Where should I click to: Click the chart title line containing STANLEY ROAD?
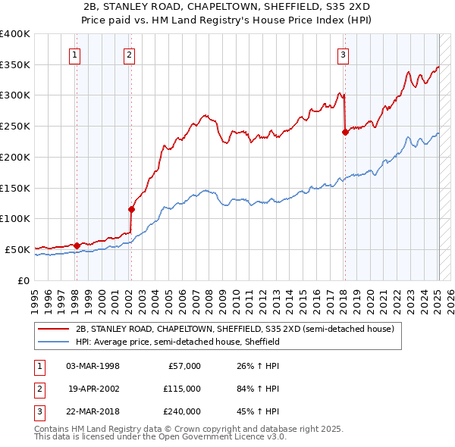227,7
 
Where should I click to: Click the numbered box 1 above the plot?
76,55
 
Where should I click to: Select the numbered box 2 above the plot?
130,55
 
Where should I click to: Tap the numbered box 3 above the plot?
343,55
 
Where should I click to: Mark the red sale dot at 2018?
345,132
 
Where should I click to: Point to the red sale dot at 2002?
131,208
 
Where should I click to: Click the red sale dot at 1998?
77,245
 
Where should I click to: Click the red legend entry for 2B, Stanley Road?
234,330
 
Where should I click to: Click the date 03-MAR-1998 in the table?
93,366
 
